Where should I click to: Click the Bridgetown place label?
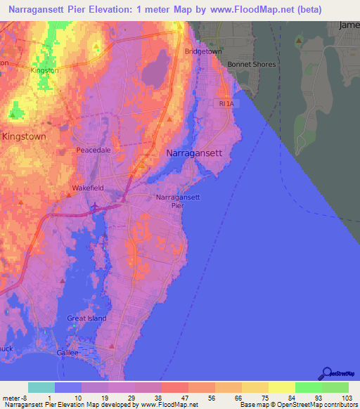tap(202, 52)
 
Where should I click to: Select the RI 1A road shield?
tap(223, 103)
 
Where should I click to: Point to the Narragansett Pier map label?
tap(178, 202)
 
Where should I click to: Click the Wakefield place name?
tap(88, 188)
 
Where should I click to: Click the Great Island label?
tap(86, 318)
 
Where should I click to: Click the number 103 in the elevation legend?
tap(347, 397)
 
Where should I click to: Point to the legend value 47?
tap(175, 397)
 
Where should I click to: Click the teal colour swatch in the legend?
tap(41, 387)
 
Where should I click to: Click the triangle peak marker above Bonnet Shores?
tap(299, 41)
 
